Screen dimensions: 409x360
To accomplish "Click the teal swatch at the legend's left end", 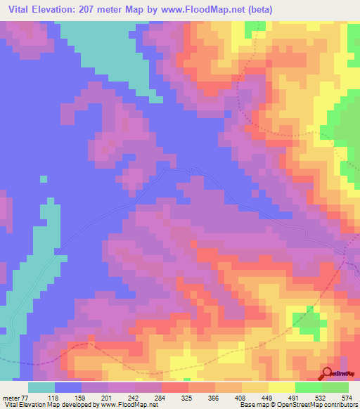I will [x=41, y=387].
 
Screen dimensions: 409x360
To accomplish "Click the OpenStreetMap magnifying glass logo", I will [x=328, y=373].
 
